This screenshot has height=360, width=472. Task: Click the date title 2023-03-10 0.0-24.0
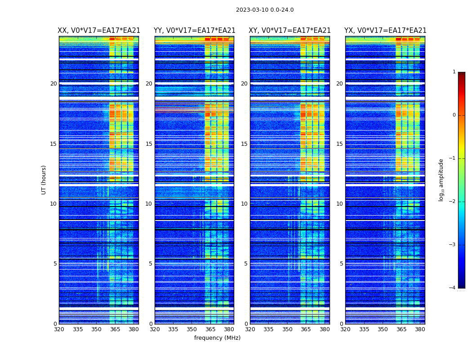click(265, 10)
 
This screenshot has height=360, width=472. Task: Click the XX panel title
click(99, 31)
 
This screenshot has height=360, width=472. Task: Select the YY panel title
click(194, 31)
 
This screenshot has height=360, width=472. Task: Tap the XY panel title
click(290, 31)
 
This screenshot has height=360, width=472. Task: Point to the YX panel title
click(385, 31)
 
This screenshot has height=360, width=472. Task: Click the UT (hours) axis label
click(44, 180)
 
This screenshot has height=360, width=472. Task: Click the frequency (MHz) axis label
click(217, 338)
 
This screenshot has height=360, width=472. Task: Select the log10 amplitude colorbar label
click(441, 180)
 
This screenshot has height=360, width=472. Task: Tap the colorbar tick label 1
click(454, 72)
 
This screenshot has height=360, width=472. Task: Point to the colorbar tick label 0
click(454, 115)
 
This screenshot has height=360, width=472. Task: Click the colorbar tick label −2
click(453, 202)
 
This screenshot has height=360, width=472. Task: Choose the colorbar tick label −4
click(453, 288)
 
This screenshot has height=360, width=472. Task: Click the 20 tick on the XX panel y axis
click(53, 84)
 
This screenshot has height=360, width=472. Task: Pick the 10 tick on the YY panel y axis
click(149, 204)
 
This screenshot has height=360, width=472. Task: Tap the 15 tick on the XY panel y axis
click(244, 144)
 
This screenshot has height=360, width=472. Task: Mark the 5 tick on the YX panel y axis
click(341, 264)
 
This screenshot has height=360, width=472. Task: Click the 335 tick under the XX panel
click(78, 329)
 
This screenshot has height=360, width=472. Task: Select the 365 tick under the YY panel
click(210, 329)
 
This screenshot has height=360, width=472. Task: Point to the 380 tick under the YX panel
click(420, 329)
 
